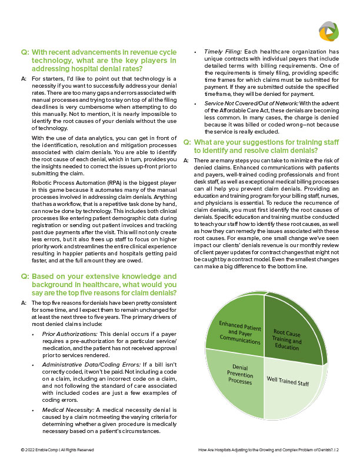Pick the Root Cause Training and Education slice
286,338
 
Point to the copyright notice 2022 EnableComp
56,450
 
